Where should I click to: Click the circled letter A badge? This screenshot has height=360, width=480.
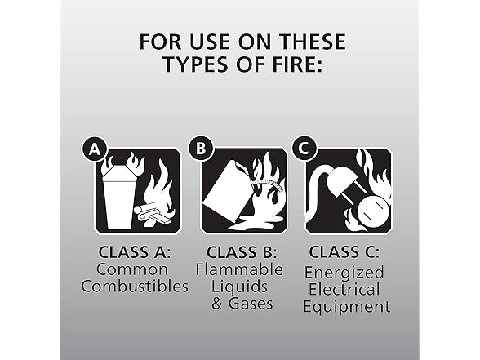[x=95, y=149]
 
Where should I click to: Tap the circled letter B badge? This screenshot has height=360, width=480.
[x=201, y=149]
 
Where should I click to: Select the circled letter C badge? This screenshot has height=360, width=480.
[x=304, y=149]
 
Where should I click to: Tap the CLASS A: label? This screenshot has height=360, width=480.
[x=135, y=252]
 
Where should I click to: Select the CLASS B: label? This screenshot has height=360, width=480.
[x=242, y=252]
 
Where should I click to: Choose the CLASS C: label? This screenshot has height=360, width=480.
[x=344, y=252]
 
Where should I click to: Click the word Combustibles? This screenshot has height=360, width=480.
[x=135, y=287]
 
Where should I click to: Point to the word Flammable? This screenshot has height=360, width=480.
[x=239, y=269]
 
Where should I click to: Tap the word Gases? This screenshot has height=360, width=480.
[x=251, y=304]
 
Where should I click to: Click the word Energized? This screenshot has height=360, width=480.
[x=344, y=273]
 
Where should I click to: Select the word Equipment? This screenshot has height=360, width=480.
[x=347, y=306]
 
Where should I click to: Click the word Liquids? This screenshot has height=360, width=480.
[x=240, y=287]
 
